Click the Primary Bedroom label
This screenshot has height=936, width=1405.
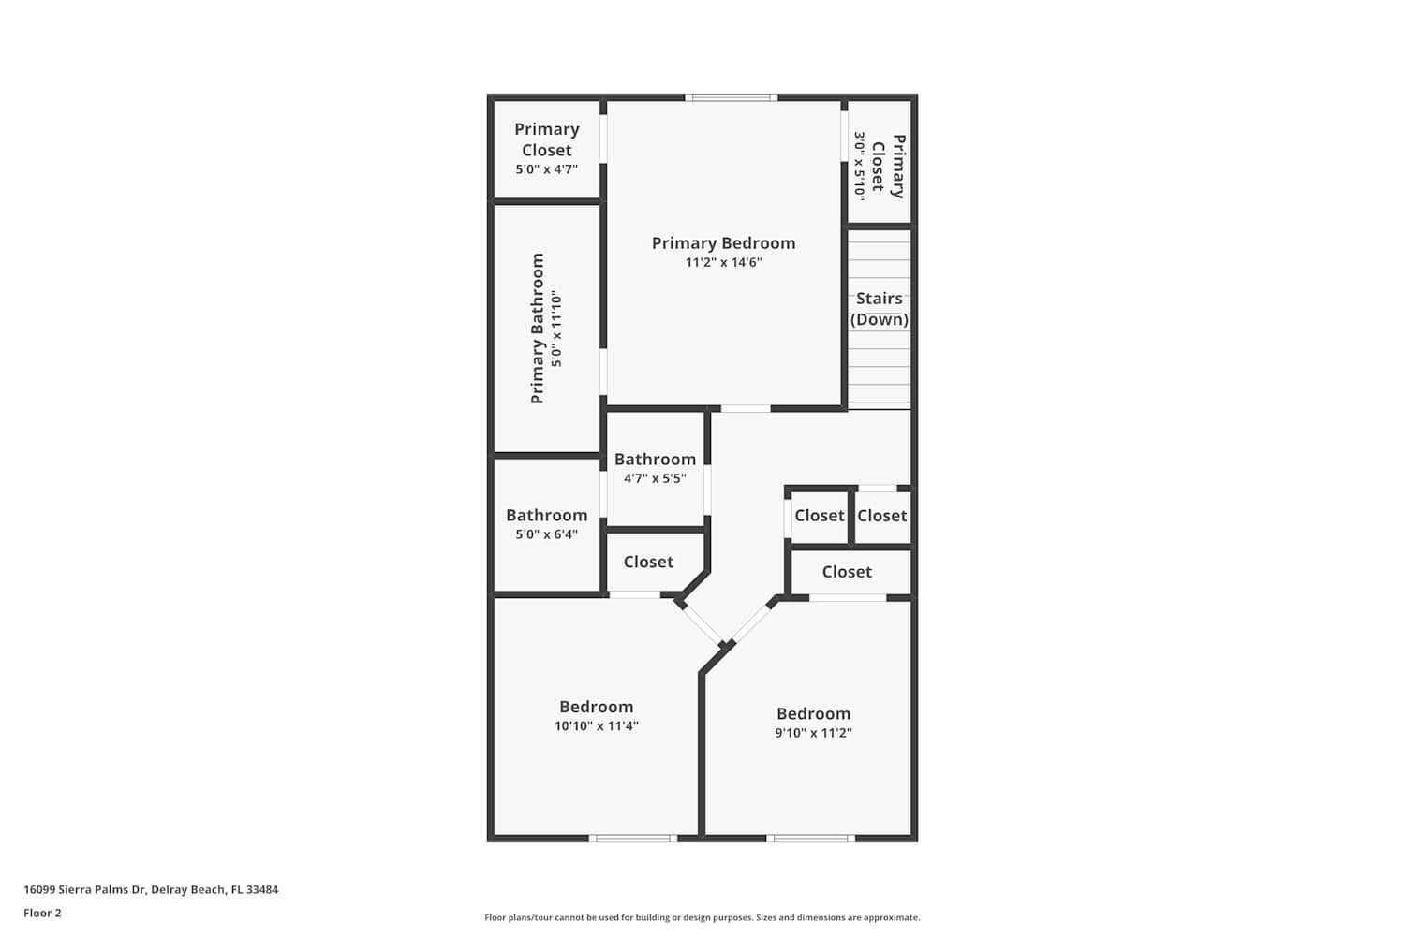point(723,243)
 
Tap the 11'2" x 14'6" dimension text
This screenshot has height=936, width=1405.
point(723,263)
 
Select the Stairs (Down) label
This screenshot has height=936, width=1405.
point(880,309)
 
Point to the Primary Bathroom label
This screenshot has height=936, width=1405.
point(538,329)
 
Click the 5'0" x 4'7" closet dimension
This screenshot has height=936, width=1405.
point(546,169)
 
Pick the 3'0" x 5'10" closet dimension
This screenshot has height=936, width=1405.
point(858,165)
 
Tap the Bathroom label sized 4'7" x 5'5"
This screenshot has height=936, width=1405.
point(655,459)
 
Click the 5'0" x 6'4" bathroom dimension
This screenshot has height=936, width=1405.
point(546,534)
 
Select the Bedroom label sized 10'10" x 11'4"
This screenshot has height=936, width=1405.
point(596,707)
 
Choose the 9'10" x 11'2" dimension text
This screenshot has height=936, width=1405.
point(813,733)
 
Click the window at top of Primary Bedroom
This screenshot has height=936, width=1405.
point(731,97)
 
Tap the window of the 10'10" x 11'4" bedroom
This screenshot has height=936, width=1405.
point(633,838)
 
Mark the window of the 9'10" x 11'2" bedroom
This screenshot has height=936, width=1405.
point(811,838)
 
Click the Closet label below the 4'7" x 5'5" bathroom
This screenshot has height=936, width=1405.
point(648,562)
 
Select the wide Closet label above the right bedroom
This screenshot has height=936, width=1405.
point(847,572)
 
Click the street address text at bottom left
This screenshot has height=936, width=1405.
point(151,889)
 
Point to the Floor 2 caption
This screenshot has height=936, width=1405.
point(42,913)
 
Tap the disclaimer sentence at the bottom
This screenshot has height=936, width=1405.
point(702,917)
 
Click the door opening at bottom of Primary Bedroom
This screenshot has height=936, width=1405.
point(746,408)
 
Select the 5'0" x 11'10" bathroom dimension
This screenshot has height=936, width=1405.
point(557,329)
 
